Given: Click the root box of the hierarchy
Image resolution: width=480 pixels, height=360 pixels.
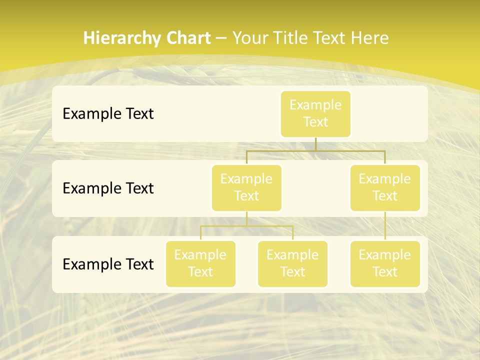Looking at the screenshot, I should coord(315,113).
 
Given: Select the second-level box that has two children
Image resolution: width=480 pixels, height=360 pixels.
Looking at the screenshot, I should coord(246,187).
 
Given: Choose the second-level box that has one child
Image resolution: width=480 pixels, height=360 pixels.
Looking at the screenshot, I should coord(385,187).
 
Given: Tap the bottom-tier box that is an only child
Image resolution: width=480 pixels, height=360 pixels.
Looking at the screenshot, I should coord(385,263).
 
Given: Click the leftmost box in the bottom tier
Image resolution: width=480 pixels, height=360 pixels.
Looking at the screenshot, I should coord(200,263).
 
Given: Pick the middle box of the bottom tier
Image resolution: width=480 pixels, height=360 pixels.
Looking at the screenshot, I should coord(292,263).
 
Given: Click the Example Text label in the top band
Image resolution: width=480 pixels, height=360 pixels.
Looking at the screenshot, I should coord(108,114).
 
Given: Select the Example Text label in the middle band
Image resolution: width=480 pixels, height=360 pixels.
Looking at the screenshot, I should coord(108,188).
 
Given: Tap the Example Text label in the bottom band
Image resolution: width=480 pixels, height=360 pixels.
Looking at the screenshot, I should coord(108,264).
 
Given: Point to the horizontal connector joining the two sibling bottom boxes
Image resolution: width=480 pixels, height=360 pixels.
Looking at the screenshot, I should coord(246,226).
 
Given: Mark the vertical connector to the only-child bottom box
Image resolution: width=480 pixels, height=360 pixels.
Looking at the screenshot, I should coord(385,226).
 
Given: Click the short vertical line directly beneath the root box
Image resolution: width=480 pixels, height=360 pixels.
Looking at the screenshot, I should coord(315,144).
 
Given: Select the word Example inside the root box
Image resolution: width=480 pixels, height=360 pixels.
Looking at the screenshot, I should coord(315,105).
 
